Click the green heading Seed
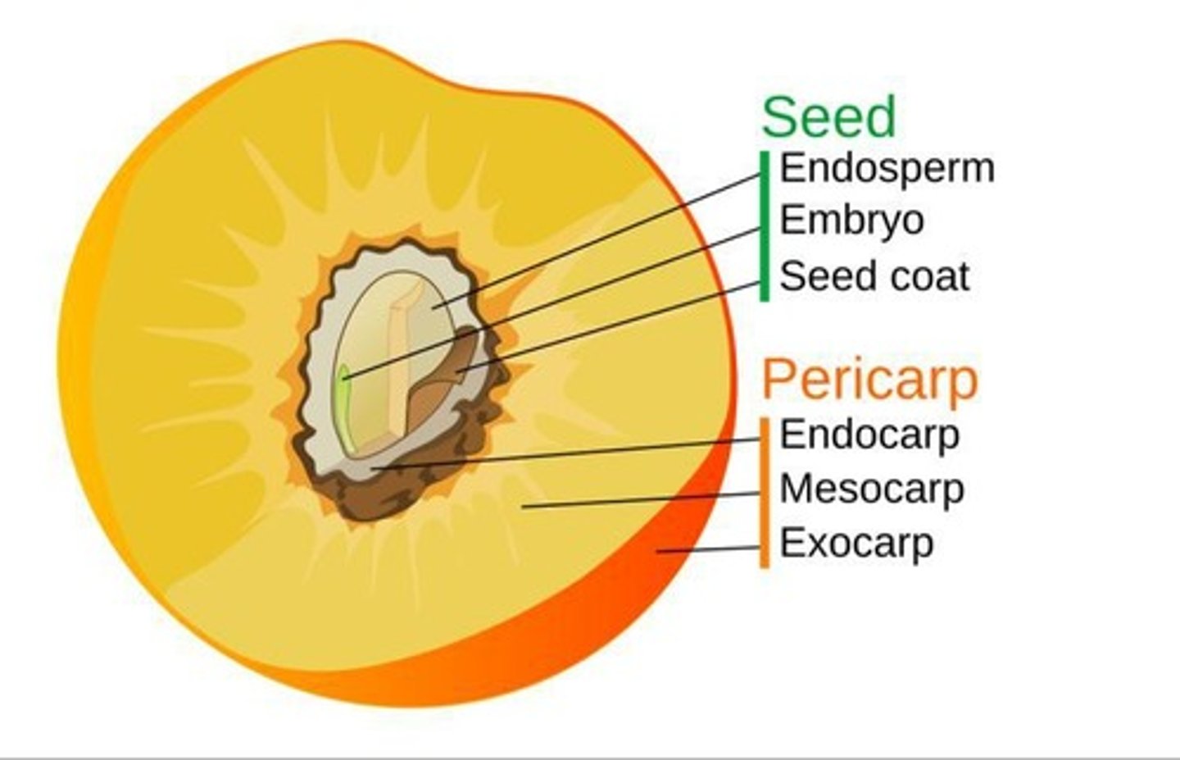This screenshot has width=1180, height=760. pyautogui.click(x=828, y=117)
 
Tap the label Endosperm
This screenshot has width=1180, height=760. pyautogui.click(x=887, y=168)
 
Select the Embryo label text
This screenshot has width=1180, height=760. pyautogui.click(x=851, y=220)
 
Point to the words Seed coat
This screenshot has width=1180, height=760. pyautogui.click(x=874, y=276)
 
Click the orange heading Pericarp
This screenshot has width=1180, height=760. pyautogui.click(x=869, y=379)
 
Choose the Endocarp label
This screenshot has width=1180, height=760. pyautogui.click(x=869, y=434)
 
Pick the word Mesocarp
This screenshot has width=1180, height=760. pyautogui.click(x=871, y=489)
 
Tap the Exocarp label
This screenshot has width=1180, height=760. pyautogui.click(x=856, y=543)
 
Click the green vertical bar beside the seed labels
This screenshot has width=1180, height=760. pyautogui.click(x=765, y=225)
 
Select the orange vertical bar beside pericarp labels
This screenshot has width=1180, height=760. pyautogui.click(x=765, y=492)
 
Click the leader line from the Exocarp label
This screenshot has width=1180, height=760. pyautogui.click(x=709, y=549)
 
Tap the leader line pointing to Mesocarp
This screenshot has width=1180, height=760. pyautogui.click(x=639, y=500)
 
